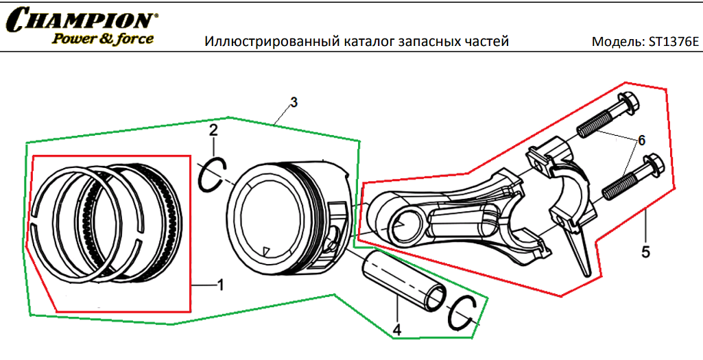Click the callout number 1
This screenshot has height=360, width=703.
220,283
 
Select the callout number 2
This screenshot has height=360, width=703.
213,130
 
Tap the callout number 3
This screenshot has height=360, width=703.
294,103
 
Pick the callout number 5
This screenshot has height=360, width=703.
645,252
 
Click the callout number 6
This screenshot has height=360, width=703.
641,140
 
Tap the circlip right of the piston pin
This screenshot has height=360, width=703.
462,314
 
